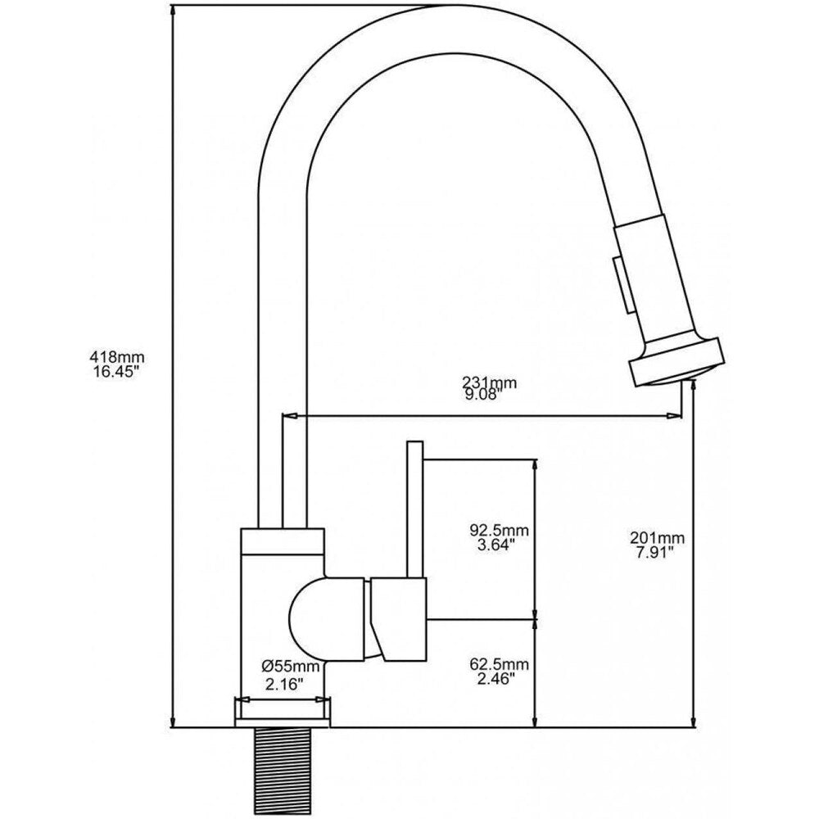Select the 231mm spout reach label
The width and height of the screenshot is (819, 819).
coord(489,382)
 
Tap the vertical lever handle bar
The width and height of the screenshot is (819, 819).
coord(414,508)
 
